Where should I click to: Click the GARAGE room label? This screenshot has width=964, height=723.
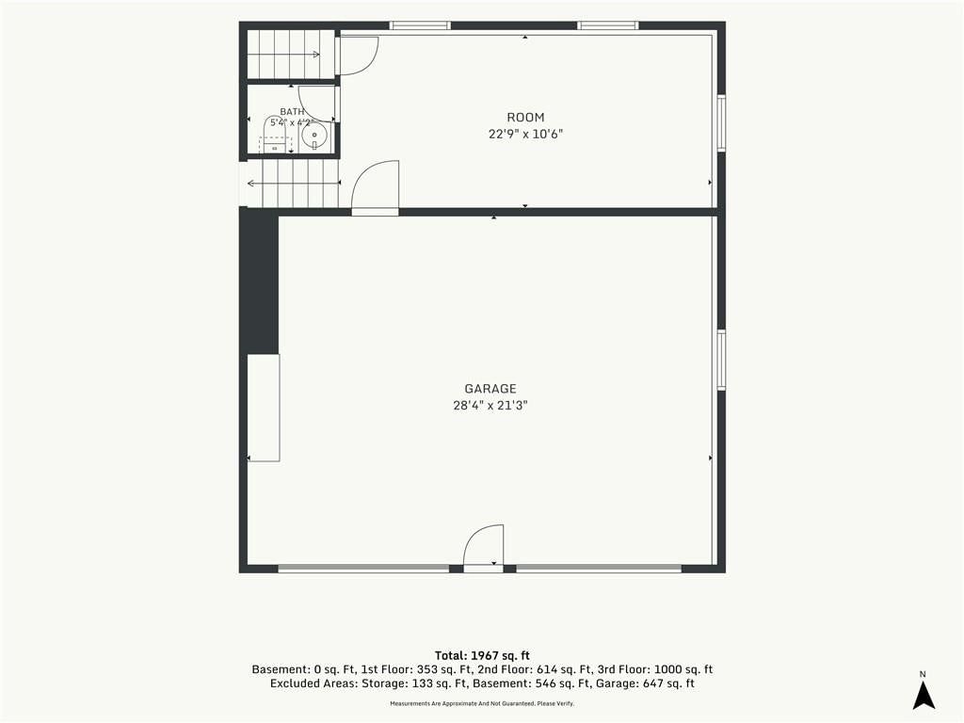tap(490, 389)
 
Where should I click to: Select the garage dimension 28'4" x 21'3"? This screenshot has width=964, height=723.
tap(490, 405)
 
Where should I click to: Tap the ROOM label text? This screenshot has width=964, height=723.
tap(525, 118)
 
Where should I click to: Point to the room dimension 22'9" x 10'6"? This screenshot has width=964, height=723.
tap(525, 134)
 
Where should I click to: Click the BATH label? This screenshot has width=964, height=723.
tap(292, 111)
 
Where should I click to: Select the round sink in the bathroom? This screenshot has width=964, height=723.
tap(314, 136)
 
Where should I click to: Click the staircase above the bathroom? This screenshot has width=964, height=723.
tap(291, 55)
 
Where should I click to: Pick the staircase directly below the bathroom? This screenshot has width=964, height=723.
tap(294, 184)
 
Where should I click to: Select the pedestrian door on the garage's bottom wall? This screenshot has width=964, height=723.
tap(483, 548)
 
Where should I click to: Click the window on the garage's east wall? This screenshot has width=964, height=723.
tap(722, 360)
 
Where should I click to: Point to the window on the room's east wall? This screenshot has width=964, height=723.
tap(722, 123)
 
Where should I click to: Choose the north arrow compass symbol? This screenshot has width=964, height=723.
tap(923, 692)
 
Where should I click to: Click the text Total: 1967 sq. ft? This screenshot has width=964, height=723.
tap(482, 655)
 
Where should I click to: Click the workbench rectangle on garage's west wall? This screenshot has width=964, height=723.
tap(264, 408)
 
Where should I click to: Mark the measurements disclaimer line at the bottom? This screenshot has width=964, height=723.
tap(482, 703)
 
